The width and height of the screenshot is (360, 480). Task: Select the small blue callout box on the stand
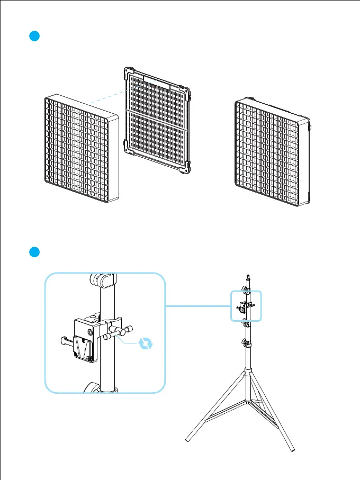click(246, 305)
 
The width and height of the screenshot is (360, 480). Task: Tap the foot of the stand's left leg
click(188, 439)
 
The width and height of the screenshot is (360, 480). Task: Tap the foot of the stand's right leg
click(293, 450)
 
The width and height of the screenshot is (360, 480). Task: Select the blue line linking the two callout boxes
click(199, 306)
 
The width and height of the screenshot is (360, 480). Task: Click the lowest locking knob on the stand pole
click(246, 345)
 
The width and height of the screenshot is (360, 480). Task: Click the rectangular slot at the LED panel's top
click(156, 82)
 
